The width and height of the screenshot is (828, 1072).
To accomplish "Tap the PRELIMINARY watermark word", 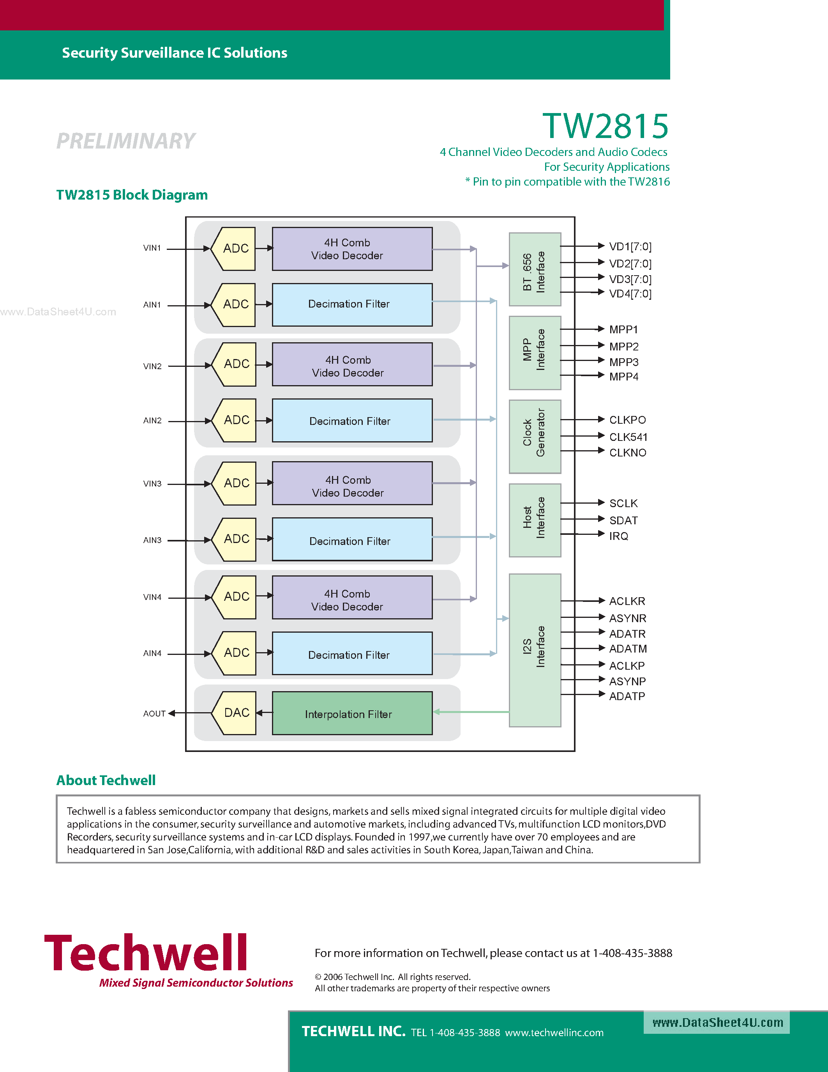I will click(x=126, y=142).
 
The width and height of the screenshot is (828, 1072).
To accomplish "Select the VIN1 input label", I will click(x=152, y=248).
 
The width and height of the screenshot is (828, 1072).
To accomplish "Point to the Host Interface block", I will click(x=535, y=520).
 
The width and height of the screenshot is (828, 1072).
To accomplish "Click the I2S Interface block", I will click(x=535, y=650).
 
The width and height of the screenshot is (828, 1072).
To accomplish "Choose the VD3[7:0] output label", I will click(x=630, y=279).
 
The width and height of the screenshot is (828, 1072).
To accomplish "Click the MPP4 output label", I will click(x=623, y=377).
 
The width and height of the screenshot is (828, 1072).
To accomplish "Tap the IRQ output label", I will click(x=618, y=536).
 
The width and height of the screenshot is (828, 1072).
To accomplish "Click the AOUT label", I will click(x=154, y=714).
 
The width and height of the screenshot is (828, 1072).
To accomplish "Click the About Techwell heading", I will click(x=106, y=780).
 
